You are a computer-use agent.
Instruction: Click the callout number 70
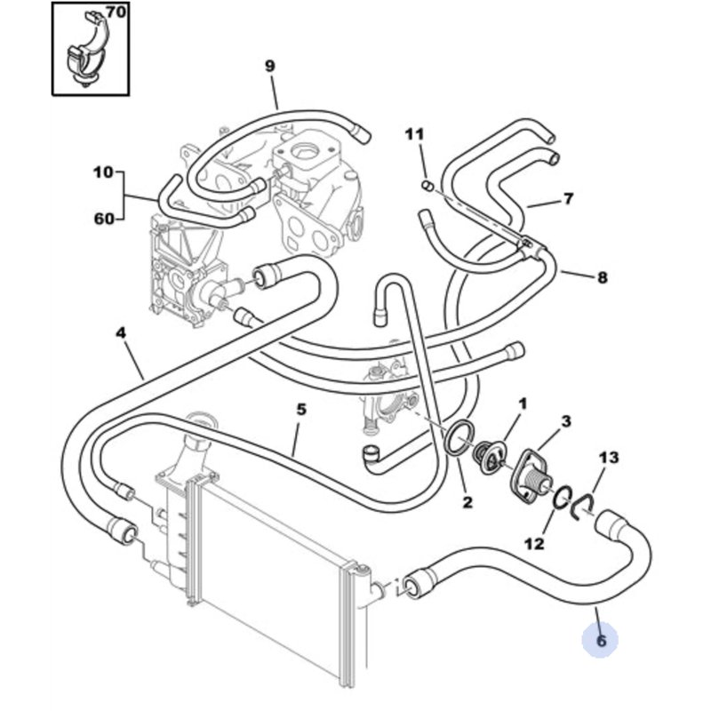[116, 12]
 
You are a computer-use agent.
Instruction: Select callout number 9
[270, 65]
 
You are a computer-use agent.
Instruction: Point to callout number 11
[415, 134]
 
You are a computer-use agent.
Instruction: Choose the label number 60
[103, 219]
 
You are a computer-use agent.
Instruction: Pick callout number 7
[568, 199]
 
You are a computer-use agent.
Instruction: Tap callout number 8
[602, 277]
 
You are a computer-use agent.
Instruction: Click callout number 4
[121, 333]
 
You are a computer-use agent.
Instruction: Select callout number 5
[301, 409]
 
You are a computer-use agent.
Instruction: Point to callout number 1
[523, 403]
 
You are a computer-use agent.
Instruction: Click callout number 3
[565, 420]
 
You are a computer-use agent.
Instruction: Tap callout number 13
[608, 458]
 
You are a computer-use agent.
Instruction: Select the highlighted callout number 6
[601, 639]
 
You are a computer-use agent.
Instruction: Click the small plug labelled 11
[426, 186]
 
